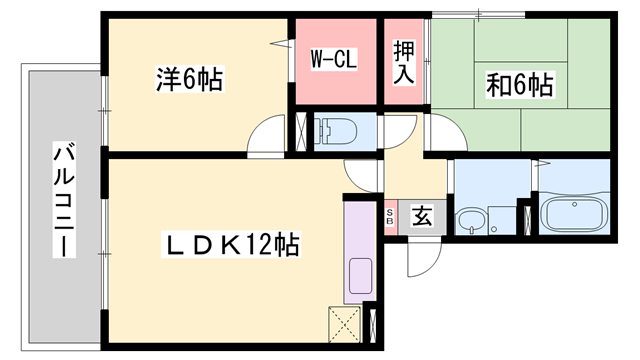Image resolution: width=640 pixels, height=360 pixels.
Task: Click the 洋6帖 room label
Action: coord(190,76)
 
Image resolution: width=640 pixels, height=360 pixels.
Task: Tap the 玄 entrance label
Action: coord(422,214)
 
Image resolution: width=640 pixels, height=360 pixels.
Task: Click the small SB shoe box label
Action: coord(390,214)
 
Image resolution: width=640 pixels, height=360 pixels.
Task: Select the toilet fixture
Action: coord(335,129)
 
